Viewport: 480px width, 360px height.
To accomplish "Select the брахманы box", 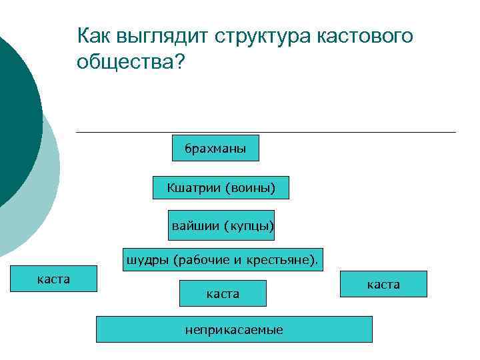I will tap(215, 149).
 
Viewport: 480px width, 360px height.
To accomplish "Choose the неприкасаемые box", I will tap(234, 329).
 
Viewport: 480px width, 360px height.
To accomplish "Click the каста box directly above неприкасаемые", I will tap(223, 293).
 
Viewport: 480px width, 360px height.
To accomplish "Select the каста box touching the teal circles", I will tap(53, 279).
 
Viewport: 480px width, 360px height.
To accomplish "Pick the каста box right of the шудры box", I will tap(383, 284).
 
